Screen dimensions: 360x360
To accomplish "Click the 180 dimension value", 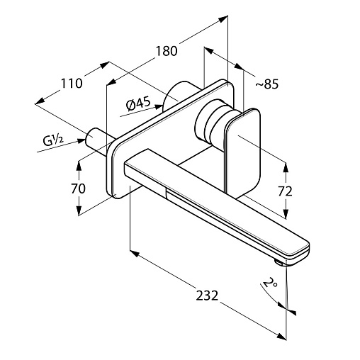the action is [x=167, y=51].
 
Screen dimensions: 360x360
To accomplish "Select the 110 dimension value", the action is [x=72, y=83].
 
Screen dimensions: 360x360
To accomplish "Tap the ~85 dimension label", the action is [x=267, y=84].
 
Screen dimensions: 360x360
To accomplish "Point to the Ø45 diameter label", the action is [x=138, y=104].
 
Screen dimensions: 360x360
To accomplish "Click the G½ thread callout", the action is [x=53, y=140].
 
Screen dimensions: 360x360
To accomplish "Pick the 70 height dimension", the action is [x=78, y=189].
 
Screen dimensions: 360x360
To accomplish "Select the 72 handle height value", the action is [x=285, y=191].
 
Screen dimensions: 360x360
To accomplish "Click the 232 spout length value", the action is [x=207, y=296].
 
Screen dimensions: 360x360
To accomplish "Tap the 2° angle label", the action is [x=270, y=282].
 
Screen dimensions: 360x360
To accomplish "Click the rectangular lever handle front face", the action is [x=244, y=151].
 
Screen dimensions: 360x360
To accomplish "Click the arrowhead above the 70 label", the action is [x=79, y=165].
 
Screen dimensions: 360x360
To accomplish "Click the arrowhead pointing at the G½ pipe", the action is [x=81, y=141].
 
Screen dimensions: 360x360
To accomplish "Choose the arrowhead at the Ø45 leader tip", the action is [x=159, y=107].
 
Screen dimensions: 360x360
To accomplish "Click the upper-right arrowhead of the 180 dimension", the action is [x=223, y=18].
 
